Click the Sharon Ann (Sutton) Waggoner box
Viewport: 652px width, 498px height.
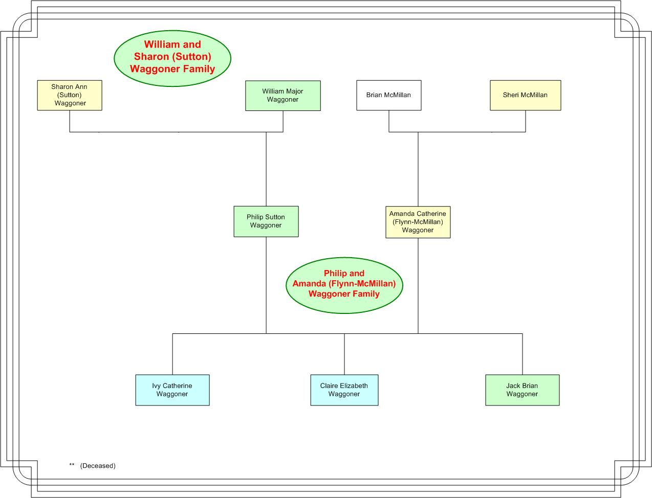point(70,95)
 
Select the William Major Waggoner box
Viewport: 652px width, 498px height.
point(283,96)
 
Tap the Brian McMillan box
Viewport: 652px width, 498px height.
point(389,95)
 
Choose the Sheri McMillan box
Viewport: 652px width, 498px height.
point(526,95)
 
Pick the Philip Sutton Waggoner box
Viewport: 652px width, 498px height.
point(266,221)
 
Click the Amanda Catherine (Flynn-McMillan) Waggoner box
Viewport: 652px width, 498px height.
point(418,222)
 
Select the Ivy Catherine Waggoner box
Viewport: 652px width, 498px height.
point(172,390)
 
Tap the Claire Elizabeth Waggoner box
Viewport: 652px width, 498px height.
point(344,390)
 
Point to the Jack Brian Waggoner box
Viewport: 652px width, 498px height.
point(522,390)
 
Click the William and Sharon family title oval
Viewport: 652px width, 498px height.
point(172,58)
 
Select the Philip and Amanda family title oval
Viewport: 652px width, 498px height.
point(344,285)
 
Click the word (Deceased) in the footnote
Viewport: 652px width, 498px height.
point(98,466)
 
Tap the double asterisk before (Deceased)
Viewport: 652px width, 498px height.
point(72,464)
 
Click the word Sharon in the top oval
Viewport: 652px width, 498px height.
point(151,56)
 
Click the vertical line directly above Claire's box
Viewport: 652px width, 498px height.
point(344,354)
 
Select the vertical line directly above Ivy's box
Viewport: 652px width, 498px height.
point(172,354)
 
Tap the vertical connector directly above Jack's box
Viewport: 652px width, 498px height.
point(522,354)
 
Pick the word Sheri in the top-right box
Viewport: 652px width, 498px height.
point(510,95)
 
